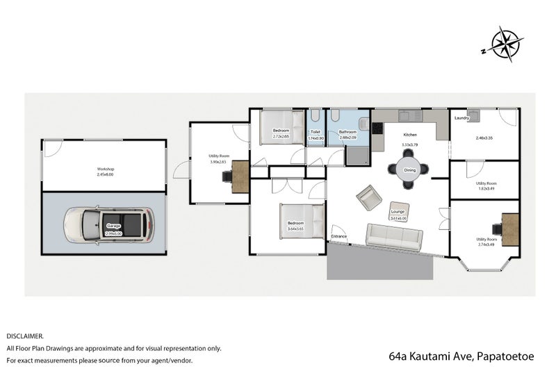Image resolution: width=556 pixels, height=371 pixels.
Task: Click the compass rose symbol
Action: [506, 44]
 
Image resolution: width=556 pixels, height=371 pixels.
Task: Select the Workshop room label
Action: [105, 170]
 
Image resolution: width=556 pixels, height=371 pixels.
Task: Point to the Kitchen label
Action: [409, 134]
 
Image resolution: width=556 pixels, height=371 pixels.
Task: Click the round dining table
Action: [409, 170]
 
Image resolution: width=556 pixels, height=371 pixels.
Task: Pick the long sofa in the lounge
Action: [393, 236]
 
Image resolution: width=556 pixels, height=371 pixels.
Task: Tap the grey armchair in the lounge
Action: [368, 199]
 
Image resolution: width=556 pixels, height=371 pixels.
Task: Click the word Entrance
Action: [338, 237]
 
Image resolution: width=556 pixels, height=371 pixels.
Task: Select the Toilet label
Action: [315, 131]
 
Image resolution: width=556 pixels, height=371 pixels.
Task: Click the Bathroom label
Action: [347, 131]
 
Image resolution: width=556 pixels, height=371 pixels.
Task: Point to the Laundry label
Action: [462, 118]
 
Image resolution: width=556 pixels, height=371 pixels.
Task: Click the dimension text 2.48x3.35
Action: [484, 138]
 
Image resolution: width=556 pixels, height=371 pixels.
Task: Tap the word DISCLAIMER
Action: [25, 335]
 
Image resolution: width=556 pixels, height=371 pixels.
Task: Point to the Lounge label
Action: [398, 211]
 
